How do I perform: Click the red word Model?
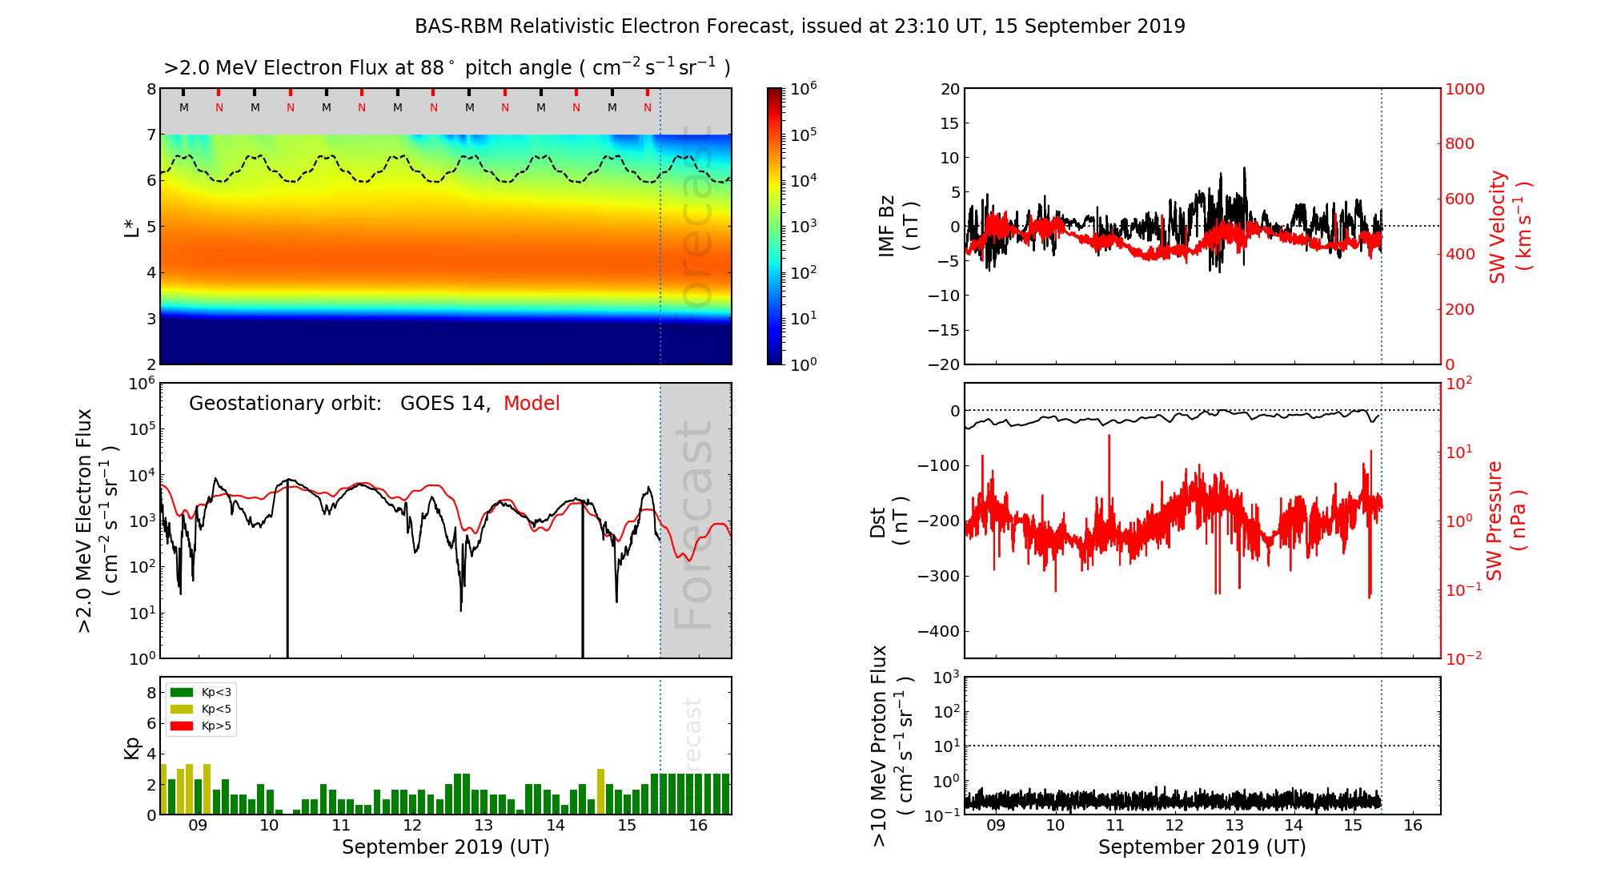click(x=532, y=404)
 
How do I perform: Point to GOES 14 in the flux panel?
click(x=444, y=404)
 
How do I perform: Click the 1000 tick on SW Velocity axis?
click(x=1464, y=89)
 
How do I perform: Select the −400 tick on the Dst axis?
click(x=937, y=631)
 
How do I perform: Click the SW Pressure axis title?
click(x=1505, y=521)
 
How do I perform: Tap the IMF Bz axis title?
click(x=897, y=226)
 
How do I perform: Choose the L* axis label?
click(x=132, y=226)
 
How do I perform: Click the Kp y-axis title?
click(x=132, y=747)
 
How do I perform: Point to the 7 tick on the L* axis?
click(x=151, y=135)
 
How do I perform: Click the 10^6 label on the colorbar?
click(x=804, y=88)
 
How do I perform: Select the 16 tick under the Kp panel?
click(x=698, y=826)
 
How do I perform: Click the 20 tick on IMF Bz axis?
click(x=949, y=89)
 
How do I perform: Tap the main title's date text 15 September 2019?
click(x=1089, y=26)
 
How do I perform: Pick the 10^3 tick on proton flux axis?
click(x=948, y=678)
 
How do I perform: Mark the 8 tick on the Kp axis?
click(x=151, y=693)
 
